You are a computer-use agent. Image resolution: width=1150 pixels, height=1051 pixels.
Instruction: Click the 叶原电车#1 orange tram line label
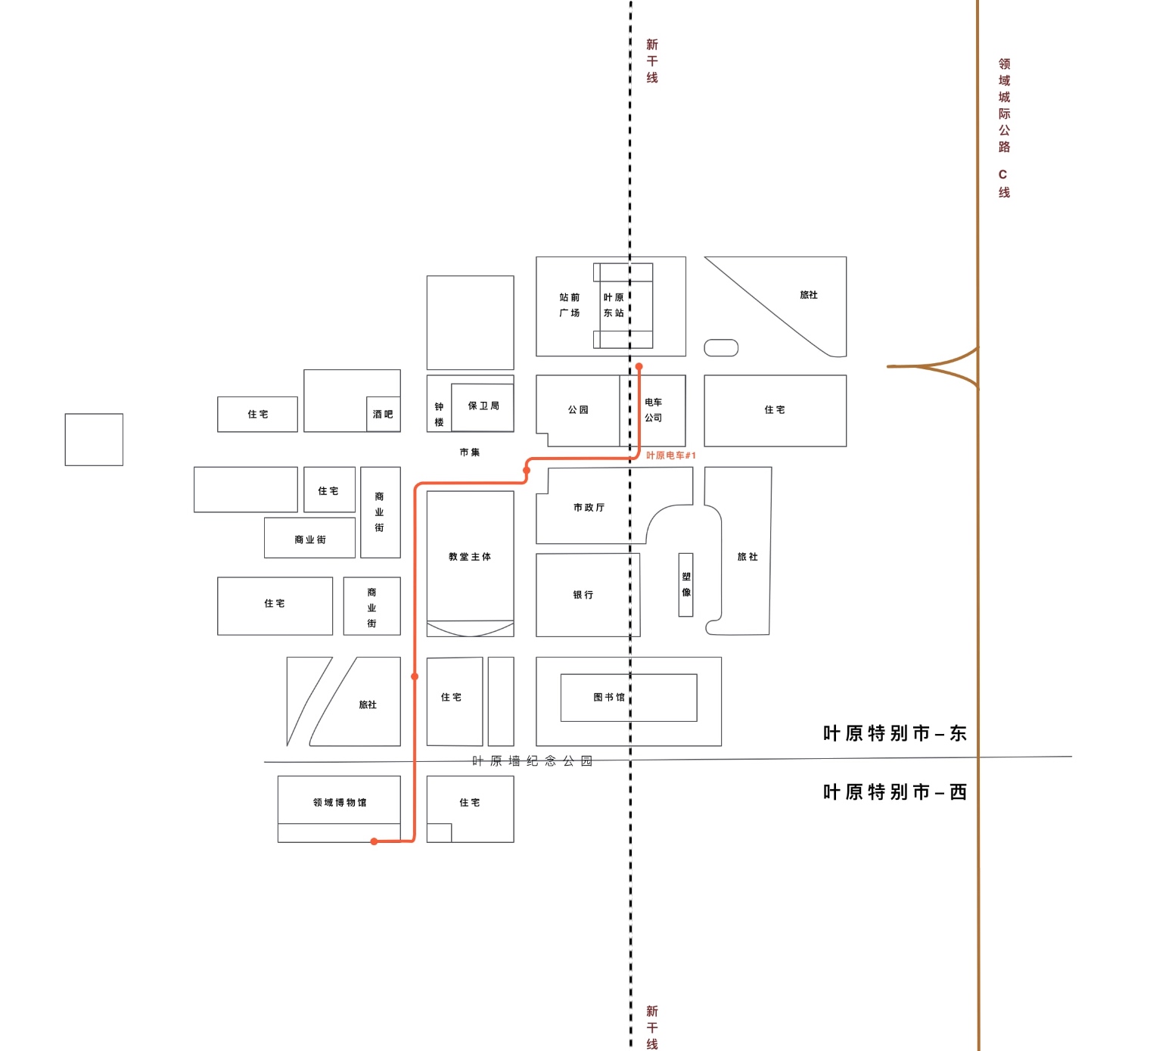tap(670, 456)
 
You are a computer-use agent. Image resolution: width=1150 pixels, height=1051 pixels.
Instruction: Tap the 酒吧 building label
tap(383, 414)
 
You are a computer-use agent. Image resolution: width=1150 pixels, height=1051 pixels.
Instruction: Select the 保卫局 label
tap(483, 406)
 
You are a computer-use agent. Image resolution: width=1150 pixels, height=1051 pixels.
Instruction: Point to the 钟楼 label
tap(439, 414)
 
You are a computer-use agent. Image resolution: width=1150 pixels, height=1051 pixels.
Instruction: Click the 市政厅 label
tap(589, 508)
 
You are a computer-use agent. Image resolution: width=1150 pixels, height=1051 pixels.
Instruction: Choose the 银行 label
tap(583, 595)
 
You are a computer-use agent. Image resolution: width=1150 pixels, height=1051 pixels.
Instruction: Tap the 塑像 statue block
tap(685, 585)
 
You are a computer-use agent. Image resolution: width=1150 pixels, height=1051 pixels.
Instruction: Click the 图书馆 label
tap(609, 697)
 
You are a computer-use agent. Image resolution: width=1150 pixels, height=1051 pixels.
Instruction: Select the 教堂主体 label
tap(470, 557)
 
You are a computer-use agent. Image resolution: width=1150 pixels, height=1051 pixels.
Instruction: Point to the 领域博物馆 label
tap(340, 802)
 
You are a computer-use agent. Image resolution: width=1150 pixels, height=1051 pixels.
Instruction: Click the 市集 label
tap(470, 452)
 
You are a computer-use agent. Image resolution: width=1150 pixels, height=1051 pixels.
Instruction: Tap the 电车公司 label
tap(653, 410)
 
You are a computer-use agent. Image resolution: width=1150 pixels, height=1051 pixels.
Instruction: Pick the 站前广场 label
tap(569, 305)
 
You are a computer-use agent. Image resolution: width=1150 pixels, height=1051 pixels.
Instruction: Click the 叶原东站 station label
tap(614, 305)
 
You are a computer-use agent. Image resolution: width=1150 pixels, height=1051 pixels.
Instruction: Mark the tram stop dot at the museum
tap(374, 841)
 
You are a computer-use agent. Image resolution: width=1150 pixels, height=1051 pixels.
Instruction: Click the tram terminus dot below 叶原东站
tap(639, 366)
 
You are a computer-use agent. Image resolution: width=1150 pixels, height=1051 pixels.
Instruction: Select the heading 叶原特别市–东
tap(894, 733)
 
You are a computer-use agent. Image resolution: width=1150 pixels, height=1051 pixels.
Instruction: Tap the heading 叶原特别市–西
tap(894, 792)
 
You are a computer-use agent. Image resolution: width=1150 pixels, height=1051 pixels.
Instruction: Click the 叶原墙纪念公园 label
tap(532, 761)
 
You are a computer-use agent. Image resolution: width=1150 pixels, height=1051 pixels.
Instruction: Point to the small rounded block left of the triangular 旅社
tap(720, 348)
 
